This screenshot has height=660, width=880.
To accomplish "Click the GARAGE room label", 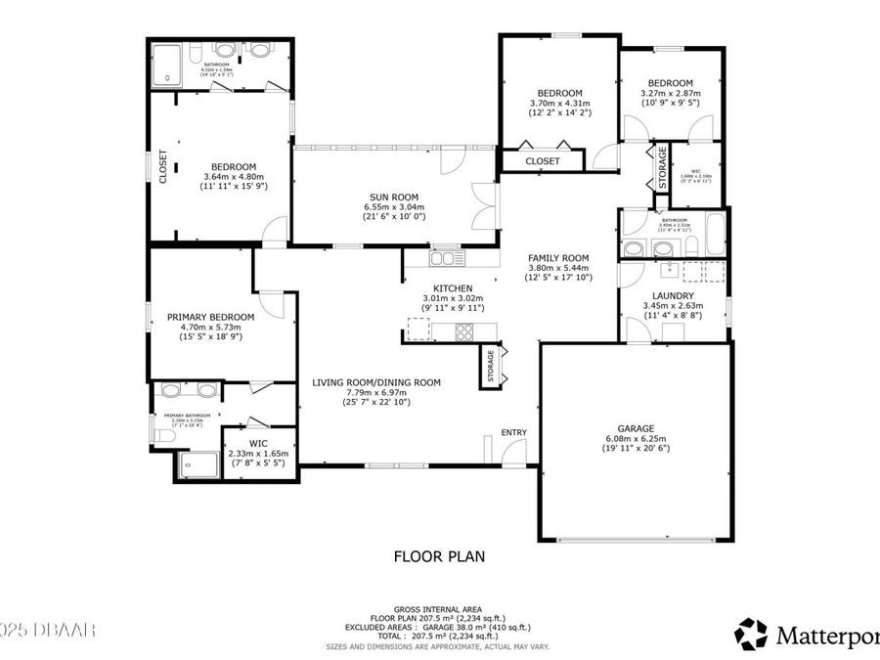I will coord(635,427).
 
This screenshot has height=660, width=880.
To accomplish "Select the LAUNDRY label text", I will coord(674,295).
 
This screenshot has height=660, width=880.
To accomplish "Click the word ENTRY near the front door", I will coord(513,432).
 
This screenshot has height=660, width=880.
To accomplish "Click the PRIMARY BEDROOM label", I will coord(210,317).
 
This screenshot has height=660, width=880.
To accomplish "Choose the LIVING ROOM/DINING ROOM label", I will coord(376,382).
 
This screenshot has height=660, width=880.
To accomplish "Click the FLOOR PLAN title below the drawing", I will coord(439,556).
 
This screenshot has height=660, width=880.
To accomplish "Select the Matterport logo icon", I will coord(751,633).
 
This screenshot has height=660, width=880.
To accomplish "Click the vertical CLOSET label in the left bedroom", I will coord(163,166).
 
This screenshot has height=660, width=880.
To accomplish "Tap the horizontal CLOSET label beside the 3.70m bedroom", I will coord(543,160).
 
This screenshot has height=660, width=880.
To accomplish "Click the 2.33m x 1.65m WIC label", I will coord(258,443).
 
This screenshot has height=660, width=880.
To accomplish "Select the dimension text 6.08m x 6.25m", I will coord(635,438).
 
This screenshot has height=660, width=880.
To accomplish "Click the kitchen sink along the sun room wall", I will coord(449,258).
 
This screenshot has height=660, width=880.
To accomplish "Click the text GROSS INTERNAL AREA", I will coord(439,608).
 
